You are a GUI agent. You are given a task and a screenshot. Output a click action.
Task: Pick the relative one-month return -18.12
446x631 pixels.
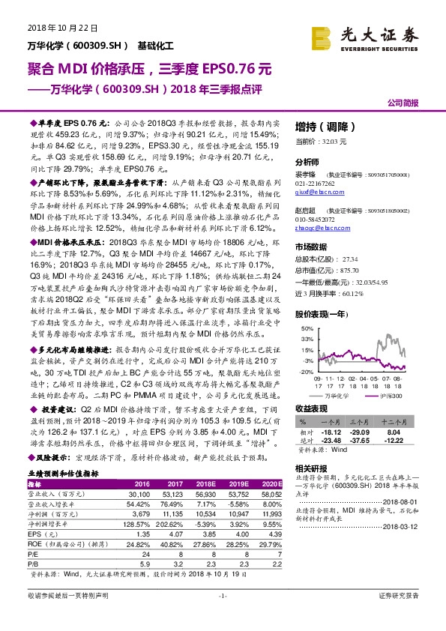click(x=332, y=432)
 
